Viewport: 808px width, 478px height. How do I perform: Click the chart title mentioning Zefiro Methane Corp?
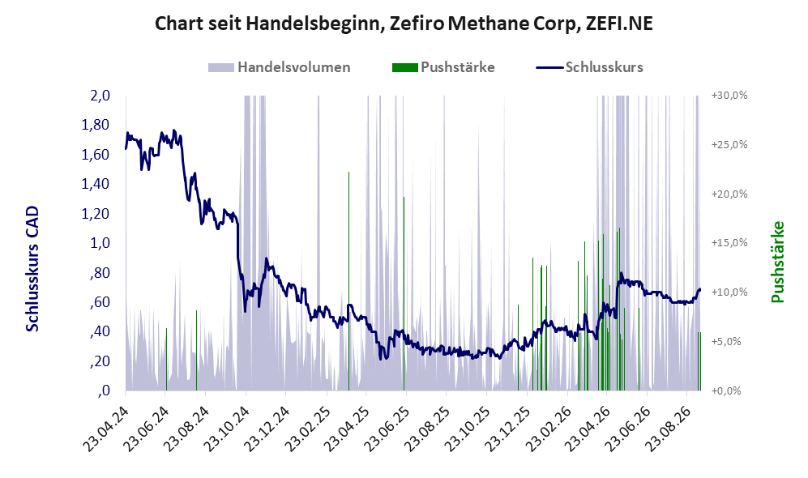[404, 23]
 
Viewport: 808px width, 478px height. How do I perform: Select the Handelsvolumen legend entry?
[280, 67]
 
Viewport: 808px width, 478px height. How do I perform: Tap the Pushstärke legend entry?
[443, 67]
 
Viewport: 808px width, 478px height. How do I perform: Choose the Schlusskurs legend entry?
[589, 67]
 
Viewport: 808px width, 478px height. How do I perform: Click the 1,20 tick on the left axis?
[96, 213]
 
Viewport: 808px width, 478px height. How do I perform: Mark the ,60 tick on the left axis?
[100, 302]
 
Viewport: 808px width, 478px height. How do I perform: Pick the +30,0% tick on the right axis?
[729, 96]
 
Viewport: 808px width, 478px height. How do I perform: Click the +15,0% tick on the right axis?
[729, 242]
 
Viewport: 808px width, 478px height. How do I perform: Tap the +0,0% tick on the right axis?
[727, 391]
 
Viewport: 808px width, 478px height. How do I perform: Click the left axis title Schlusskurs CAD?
[32, 268]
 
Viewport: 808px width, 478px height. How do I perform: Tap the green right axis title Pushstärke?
[777, 262]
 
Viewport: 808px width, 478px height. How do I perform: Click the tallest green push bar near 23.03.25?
[348, 281]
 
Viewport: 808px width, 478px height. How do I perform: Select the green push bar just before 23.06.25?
[404, 293]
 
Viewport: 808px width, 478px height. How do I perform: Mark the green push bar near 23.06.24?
[166, 360]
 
